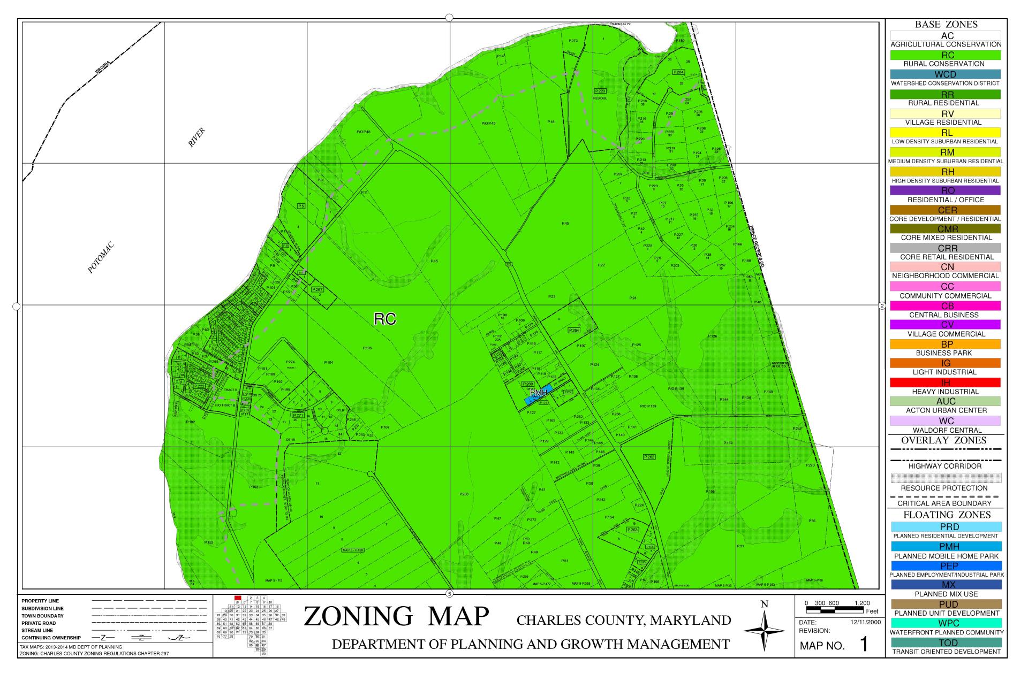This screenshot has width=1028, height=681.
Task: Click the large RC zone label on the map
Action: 384,319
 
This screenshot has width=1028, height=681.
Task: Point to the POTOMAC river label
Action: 101,258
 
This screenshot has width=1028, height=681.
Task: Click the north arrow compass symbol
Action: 764,631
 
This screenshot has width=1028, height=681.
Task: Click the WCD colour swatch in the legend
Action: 945,74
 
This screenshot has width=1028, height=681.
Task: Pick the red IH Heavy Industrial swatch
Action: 945,382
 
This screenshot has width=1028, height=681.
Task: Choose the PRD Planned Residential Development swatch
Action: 945,527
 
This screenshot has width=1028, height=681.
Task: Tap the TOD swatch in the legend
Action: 945,642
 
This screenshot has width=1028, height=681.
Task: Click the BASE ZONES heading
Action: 946,25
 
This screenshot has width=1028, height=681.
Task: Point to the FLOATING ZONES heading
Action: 946,515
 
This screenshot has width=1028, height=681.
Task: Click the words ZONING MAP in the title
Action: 396,616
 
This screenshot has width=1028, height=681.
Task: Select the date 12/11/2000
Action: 865,623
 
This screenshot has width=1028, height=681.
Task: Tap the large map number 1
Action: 863,645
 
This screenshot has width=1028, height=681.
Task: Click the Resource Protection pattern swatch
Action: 945,478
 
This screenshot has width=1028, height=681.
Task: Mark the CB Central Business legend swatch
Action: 945,306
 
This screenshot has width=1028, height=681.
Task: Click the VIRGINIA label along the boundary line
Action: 102,67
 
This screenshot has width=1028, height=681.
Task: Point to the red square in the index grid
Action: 238,598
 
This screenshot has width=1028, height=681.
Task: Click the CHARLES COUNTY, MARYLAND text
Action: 624,621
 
